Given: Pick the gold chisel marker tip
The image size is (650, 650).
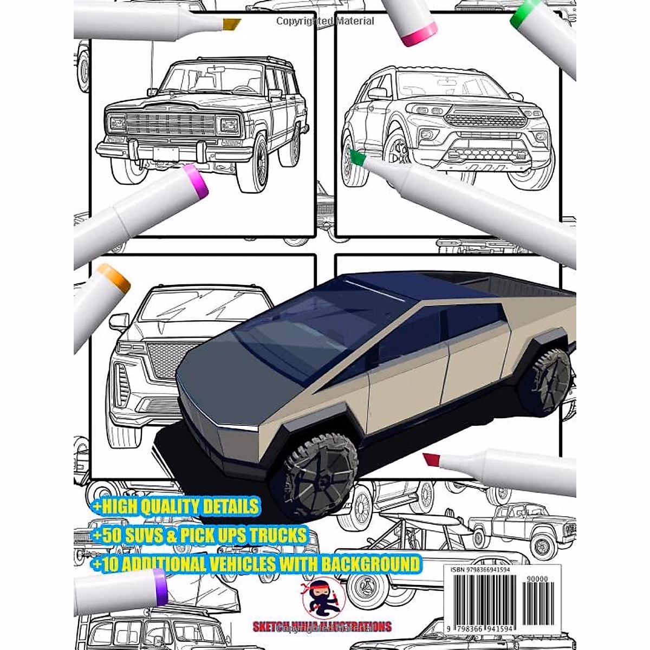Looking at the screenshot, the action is pyautogui.click(x=231, y=24).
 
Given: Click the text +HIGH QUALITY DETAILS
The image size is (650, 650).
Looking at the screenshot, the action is pyautogui.click(x=175, y=507).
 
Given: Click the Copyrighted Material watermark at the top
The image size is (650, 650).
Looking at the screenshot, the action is pyautogui.click(x=325, y=21).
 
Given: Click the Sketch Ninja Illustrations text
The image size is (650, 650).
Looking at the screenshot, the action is pyautogui.click(x=322, y=627).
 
